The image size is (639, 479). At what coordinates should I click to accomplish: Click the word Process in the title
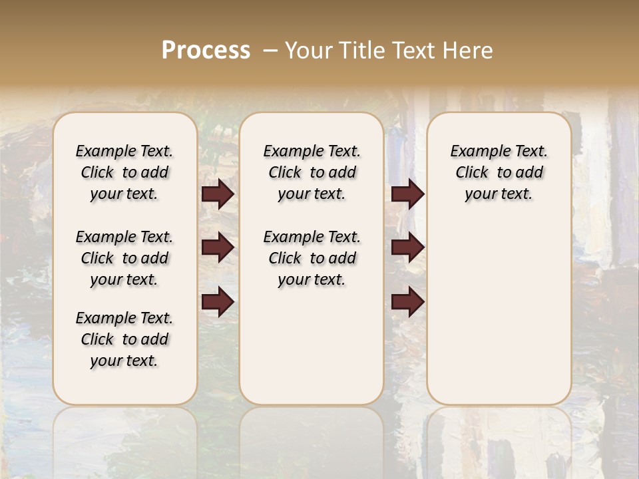pyautogui.click(x=206, y=51)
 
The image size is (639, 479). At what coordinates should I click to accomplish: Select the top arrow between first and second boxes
pyautogui.click(x=218, y=194)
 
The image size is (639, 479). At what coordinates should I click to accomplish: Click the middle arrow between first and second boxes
pyautogui.click(x=218, y=247)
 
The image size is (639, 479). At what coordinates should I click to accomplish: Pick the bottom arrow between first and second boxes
pyautogui.click(x=218, y=302)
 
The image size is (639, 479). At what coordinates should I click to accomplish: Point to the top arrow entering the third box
pyautogui.click(x=408, y=194)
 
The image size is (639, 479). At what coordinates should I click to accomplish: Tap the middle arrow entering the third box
pyautogui.click(x=408, y=247)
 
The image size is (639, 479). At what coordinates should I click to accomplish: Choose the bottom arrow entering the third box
pyautogui.click(x=408, y=302)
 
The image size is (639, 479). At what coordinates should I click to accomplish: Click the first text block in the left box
pyautogui.click(x=124, y=172)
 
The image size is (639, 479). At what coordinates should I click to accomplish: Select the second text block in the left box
pyautogui.click(x=124, y=258)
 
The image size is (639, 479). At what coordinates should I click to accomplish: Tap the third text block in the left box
pyautogui.click(x=124, y=339)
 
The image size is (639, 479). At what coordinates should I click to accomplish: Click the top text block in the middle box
pyautogui.click(x=312, y=172)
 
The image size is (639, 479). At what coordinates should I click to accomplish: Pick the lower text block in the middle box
pyautogui.click(x=312, y=258)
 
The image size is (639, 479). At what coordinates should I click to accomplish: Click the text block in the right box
pyautogui.click(x=499, y=172)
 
